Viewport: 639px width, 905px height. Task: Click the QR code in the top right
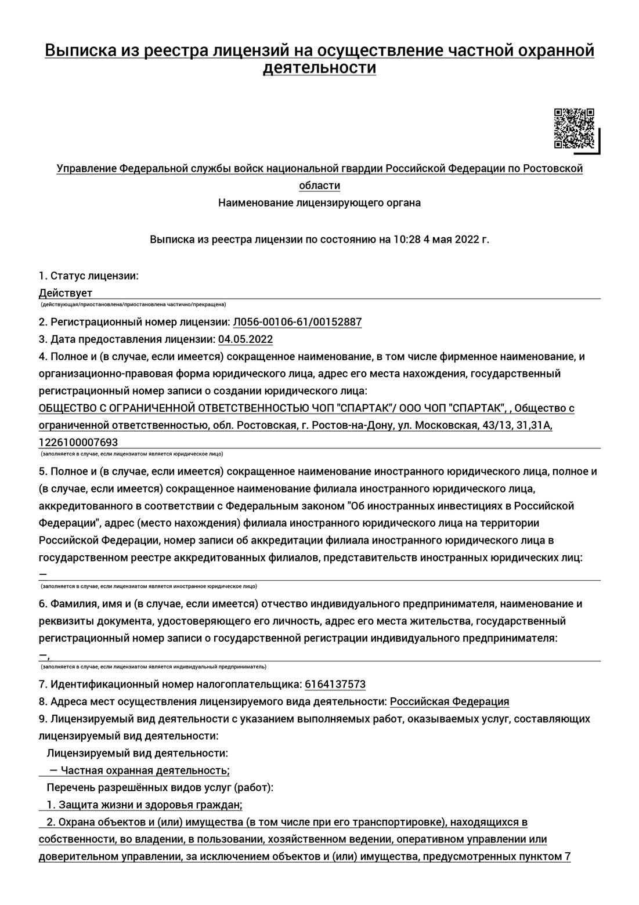coord(574,128)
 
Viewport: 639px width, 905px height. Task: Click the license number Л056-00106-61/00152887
coord(297,322)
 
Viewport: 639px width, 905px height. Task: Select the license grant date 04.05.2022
coord(246,339)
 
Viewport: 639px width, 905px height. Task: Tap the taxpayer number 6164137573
coord(335,684)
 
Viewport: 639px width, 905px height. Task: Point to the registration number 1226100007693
coord(78,442)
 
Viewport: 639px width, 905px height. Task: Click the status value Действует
coord(66,293)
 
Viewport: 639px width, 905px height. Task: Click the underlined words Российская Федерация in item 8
coord(449,701)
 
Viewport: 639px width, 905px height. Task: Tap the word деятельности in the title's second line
coord(319,68)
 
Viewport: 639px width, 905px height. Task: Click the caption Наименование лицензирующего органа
coord(319,203)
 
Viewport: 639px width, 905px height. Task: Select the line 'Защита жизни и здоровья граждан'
coord(150,805)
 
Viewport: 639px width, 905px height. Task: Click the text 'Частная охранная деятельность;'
coord(145,770)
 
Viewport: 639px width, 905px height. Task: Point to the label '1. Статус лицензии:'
coord(89,276)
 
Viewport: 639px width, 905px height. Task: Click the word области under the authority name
coord(319,186)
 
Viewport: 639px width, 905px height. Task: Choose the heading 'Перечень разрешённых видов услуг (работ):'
coord(160,788)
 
